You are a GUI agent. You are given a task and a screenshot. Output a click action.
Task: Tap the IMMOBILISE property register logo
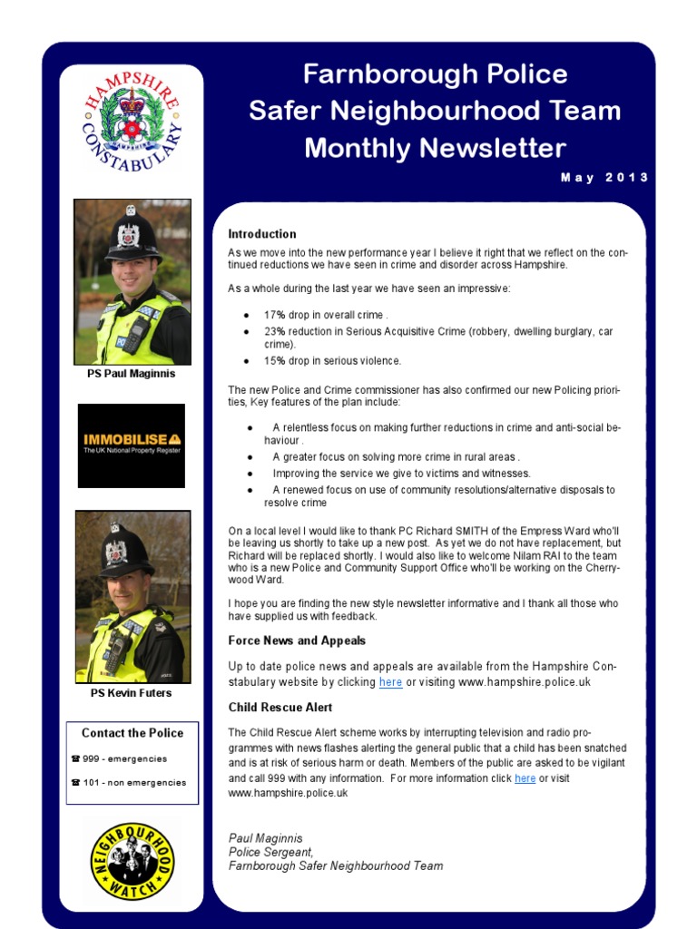132,445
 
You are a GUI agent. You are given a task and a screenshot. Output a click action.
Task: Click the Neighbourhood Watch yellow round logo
132,861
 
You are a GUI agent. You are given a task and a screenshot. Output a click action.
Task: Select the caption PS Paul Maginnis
133,374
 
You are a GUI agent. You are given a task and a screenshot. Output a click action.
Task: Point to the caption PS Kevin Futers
132,693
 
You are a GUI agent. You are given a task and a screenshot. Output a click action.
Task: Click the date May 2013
604,178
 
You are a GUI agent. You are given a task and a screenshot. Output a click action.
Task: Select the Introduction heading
262,234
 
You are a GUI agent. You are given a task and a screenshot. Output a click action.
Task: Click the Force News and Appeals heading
297,641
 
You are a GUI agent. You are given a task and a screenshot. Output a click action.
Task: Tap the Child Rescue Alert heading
280,708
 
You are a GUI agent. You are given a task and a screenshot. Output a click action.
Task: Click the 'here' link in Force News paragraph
390,682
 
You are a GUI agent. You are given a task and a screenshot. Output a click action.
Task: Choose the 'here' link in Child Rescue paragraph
525,778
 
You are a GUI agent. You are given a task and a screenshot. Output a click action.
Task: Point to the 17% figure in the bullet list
275,315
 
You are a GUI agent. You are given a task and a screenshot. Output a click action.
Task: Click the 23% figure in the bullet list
275,332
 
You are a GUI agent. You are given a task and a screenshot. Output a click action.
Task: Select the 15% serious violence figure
275,361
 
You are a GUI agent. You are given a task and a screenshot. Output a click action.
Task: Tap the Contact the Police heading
133,733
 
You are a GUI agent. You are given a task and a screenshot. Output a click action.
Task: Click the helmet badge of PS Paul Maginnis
130,234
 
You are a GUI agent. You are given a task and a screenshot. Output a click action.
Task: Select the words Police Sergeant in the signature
270,852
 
